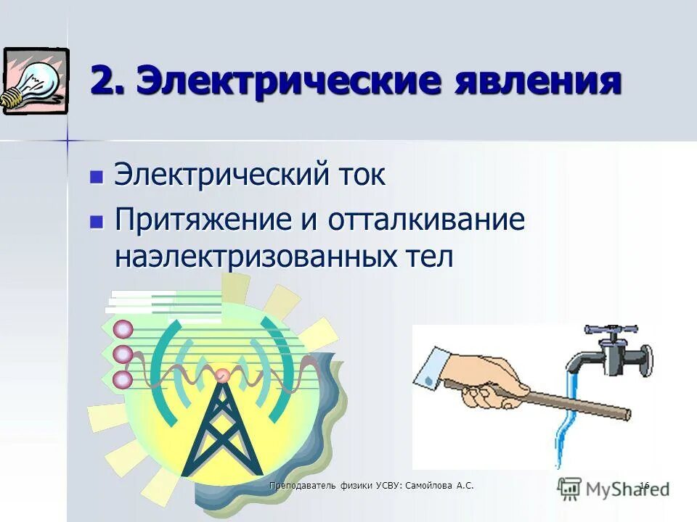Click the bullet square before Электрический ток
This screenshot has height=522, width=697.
[95, 176]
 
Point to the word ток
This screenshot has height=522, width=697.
[360, 175]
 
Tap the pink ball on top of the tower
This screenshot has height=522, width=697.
[222, 375]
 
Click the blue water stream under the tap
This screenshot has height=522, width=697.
[567, 420]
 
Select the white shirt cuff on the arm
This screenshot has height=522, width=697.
[431, 367]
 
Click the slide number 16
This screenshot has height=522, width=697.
[643, 484]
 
